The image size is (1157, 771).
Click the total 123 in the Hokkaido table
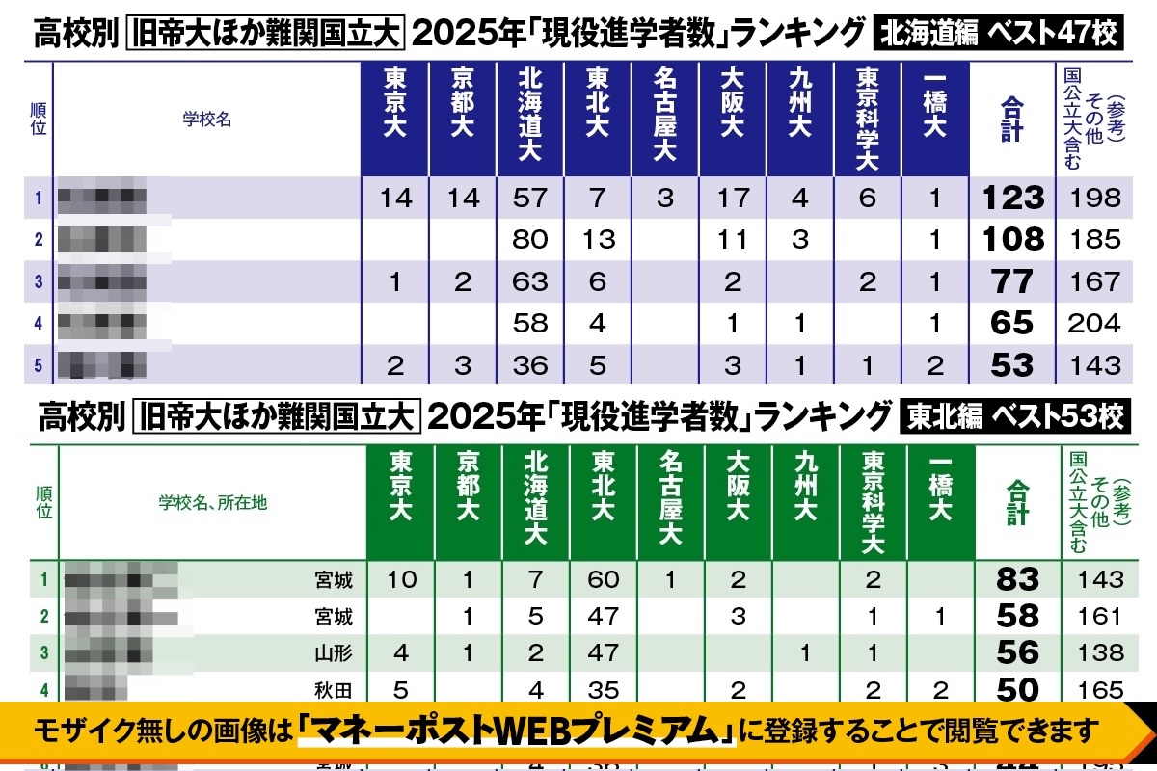[x=1012, y=198]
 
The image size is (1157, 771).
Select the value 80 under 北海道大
[x=530, y=239]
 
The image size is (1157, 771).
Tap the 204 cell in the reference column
[x=1094, y=323]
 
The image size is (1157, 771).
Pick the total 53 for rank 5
[x=1012, y=365]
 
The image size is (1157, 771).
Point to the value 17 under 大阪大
[x=733, y=198]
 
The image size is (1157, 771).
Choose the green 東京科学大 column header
[x=874, y=501]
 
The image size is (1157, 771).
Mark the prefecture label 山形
[x=334, y=653]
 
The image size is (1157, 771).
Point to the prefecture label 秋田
[x=334, y=689]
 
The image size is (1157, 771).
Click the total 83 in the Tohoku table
[x=1018, y=579]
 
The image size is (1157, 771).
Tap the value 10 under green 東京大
[x=401, y=579]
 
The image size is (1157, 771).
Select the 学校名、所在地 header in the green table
[x=213, y=502]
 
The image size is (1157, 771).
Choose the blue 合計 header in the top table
[x=1010, y=119]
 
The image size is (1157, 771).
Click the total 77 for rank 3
[x=1012, y=281]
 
